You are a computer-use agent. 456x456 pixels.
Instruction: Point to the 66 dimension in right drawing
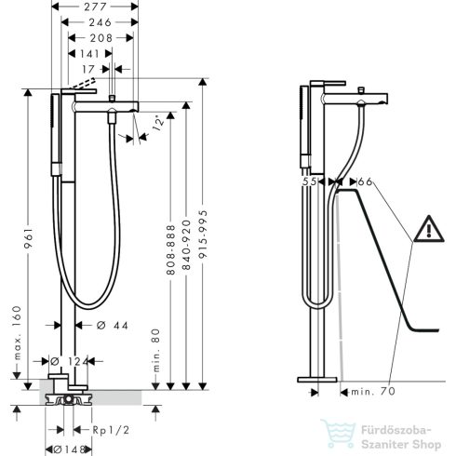(x=364, y=181)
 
